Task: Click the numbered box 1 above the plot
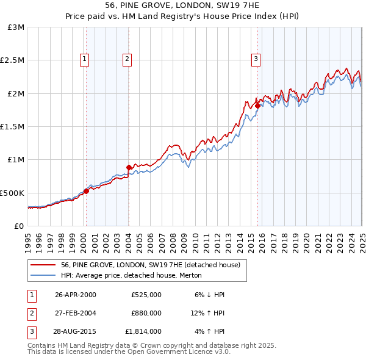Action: (x=84, y=59)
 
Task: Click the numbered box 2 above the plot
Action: (x=127, y=59)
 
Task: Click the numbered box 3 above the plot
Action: (x=256, y=59)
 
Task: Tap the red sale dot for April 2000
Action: (x=86, y=191)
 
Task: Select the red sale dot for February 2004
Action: (x=129, y=167)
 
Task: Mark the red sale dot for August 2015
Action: (x=257, y=106)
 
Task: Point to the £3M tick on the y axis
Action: (x=16, y=27)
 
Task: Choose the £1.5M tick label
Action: (x=13, y=126)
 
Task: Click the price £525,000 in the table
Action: (x=146, y=295)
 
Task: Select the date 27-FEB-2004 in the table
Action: (x=76, y=313)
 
